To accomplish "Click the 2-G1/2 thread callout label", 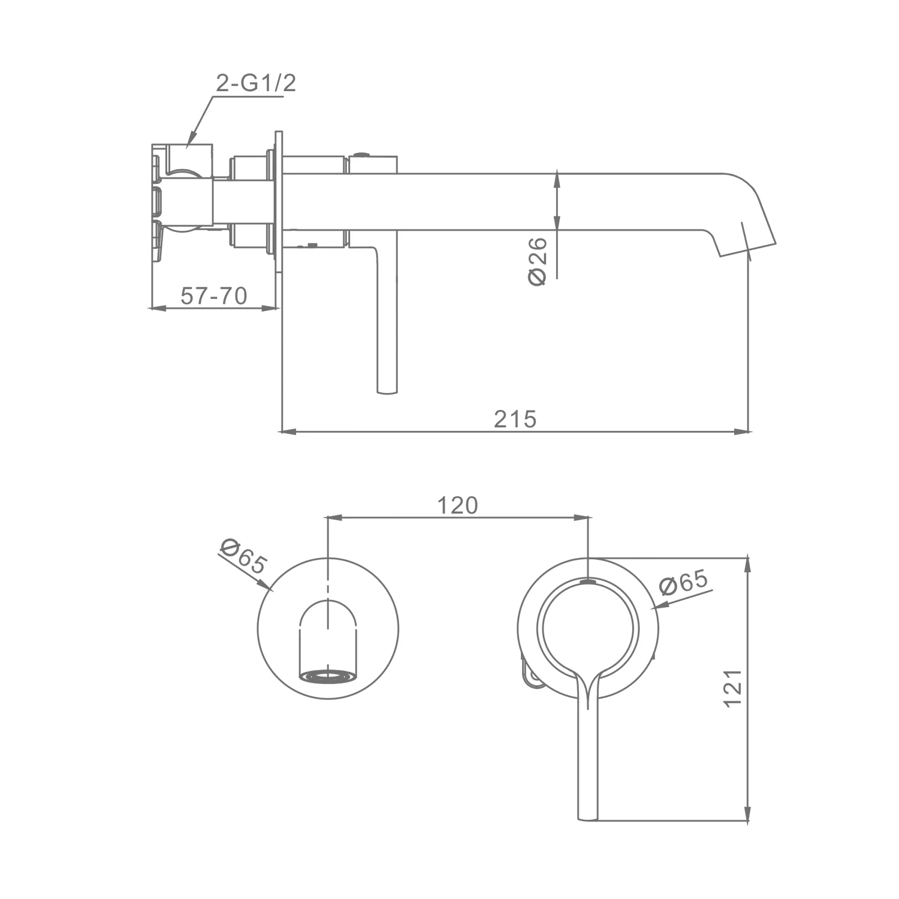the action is coord(256,83).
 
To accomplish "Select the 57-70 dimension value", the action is coord(214,295).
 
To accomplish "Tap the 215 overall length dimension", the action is coord(515,419).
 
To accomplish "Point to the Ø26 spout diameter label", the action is coord(538,261).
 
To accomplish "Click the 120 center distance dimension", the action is coord(457,505).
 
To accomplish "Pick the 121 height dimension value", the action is coord(733,688).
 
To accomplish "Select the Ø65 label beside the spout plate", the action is coord(243,556).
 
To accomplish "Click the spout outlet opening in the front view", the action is coord(328,677).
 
